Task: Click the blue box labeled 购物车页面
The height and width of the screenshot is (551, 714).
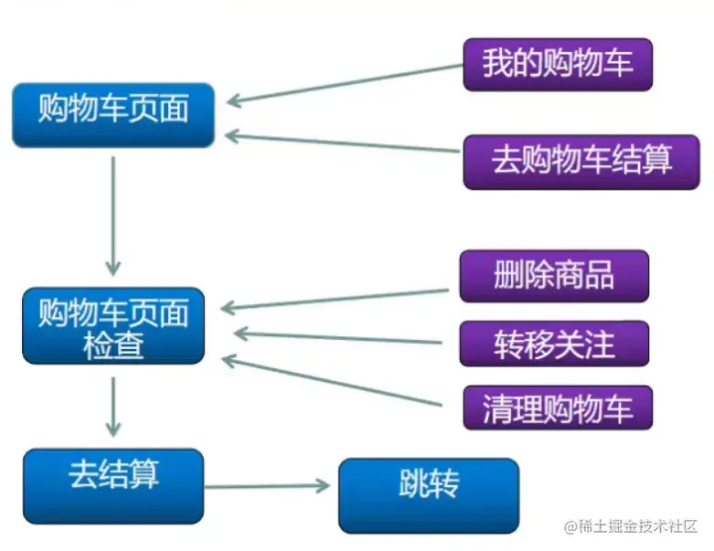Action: click(x=113, y=114)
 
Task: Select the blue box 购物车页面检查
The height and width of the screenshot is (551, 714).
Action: click(x=113, y=327)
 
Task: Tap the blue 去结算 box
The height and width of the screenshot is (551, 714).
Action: click(x=113, y=484)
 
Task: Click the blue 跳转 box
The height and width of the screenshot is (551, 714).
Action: click(x=428, y=494)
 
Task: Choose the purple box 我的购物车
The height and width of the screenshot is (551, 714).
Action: click(x=557, y=65)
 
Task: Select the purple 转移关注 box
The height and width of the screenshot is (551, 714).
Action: click(x=554, y=344)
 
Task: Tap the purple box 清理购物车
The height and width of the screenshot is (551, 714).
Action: click(x=557, y=408)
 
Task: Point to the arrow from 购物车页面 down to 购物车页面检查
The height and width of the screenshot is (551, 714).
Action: click(x=112, y=215)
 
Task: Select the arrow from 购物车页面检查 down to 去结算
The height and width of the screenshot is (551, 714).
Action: click(x=112, y=406)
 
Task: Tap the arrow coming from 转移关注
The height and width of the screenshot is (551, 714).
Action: click(x=338, y=337)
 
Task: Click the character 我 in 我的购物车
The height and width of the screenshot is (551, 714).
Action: click(x=496, y=65)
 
